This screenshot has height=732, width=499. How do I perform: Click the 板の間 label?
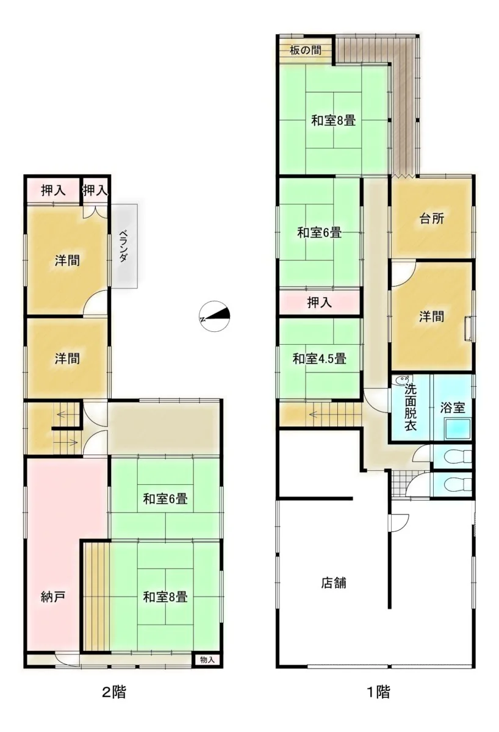(x=305, y=50)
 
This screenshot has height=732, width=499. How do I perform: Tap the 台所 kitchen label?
(x=432, y=218)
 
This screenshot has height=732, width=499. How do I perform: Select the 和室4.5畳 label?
(x=319, y=359)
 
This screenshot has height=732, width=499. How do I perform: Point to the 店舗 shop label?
(x=333, y=583)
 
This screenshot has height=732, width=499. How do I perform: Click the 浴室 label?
(x=452, y=407)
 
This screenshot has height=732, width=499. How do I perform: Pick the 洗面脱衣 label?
(x=411, y=407)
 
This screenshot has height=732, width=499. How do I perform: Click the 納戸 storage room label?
(x=53, y=597)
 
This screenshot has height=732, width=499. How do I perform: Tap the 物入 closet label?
(x=207, y=660)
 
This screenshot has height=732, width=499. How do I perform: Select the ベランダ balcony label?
(x=123, y=246)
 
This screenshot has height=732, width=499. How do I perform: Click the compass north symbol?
(x=215, y=316)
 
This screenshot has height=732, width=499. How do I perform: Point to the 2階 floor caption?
(x=114, y=692)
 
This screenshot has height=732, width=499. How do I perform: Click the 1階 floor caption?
(x=379, y=692)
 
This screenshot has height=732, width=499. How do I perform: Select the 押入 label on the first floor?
(x=319, y=303)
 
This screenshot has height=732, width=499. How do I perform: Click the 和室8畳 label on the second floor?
(x=165, y=597)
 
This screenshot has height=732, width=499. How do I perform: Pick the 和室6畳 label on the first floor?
(x=319, y=232)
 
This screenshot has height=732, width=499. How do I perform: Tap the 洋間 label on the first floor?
(x=432, y=317)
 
